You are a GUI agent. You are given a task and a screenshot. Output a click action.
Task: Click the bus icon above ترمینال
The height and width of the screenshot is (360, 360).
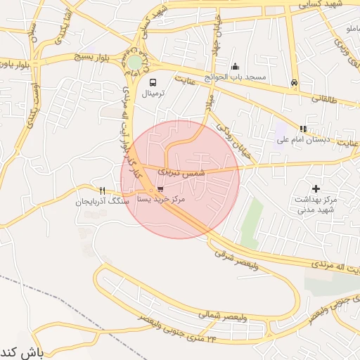coord(153,82)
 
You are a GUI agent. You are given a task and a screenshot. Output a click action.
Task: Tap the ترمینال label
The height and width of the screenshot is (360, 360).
coord(153,94)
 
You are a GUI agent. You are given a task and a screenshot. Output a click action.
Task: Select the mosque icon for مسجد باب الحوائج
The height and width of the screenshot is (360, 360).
coord(235,66)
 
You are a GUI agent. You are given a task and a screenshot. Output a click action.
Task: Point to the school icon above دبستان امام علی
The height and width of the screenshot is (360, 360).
coord(303,129)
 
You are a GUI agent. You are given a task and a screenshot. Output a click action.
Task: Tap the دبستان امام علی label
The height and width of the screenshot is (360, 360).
coord(302,139)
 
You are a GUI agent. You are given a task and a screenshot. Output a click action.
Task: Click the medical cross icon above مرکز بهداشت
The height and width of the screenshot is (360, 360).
coord(316,188)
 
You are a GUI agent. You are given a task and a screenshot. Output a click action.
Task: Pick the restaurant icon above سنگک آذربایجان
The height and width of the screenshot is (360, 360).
coord(103,191)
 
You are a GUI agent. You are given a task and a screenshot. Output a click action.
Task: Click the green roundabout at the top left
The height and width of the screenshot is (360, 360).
coord(134,63)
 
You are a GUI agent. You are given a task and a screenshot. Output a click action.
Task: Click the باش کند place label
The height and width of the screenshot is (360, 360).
coord(22,351)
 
